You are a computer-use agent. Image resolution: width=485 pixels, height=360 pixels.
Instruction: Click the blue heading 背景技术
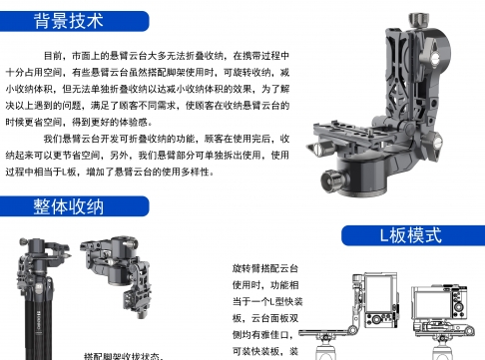coord(69,21)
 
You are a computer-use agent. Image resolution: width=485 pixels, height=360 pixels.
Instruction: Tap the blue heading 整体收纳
coord(69,206)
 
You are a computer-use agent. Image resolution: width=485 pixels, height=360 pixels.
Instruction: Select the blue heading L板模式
coord(411,235)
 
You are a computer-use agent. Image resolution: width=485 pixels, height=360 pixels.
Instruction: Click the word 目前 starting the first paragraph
coord(53,56)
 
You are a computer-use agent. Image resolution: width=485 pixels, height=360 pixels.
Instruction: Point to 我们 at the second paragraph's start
coord(53,139)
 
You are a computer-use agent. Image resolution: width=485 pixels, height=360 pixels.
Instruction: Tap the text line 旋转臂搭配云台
coord(265,268)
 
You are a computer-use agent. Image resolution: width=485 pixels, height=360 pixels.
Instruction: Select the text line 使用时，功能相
coord(265,285)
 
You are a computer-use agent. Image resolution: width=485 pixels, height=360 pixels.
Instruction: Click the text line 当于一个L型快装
coord(267,301)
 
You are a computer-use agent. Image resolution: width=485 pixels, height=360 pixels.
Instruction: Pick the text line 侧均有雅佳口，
coord(262,335)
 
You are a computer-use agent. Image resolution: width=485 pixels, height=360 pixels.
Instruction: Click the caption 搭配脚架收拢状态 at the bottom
coord(123,356)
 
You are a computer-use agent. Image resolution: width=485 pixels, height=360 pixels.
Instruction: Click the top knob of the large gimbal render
coord(418,20)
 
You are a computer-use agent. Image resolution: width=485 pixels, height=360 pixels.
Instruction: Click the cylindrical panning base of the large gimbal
coord(362,177)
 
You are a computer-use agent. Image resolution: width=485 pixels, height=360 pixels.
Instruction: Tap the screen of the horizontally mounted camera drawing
coord(430,305)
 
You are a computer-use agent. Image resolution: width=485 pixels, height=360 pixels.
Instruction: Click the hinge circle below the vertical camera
coord(352,330)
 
